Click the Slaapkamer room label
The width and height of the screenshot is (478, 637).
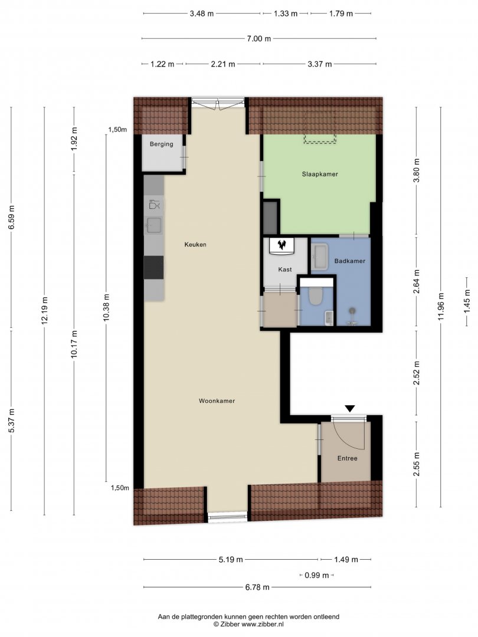point(320,174)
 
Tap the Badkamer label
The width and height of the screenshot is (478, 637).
point(349,261)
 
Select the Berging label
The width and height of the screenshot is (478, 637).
point(161,144)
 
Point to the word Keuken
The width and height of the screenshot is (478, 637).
point(195,245)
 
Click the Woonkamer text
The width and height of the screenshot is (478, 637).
point(217,401)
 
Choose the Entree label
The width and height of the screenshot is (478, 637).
point(348,458)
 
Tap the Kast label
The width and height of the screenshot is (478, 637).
point(285,270)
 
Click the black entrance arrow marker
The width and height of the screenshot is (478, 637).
point(350,409)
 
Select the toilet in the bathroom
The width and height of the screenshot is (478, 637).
point(316,296)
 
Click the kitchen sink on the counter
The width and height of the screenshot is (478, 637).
point(154,225)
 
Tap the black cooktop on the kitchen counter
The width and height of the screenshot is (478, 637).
point(153,267)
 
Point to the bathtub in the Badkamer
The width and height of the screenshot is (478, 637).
point(320,257)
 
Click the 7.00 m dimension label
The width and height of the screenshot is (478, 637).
point(259,38)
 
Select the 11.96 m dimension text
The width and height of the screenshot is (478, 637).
point(441,307)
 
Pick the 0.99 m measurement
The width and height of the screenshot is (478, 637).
point(317,575)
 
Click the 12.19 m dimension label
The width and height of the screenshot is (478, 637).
point(45,310)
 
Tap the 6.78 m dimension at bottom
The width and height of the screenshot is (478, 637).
point(257,587)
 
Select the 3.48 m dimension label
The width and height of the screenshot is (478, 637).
point(202,14)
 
